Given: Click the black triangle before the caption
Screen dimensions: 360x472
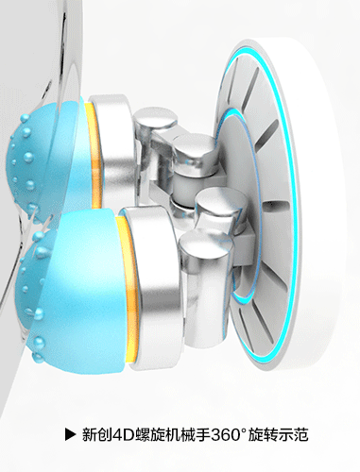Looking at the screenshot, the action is pos(70,434).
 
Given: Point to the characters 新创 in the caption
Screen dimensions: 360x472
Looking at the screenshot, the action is pos(97,434).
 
